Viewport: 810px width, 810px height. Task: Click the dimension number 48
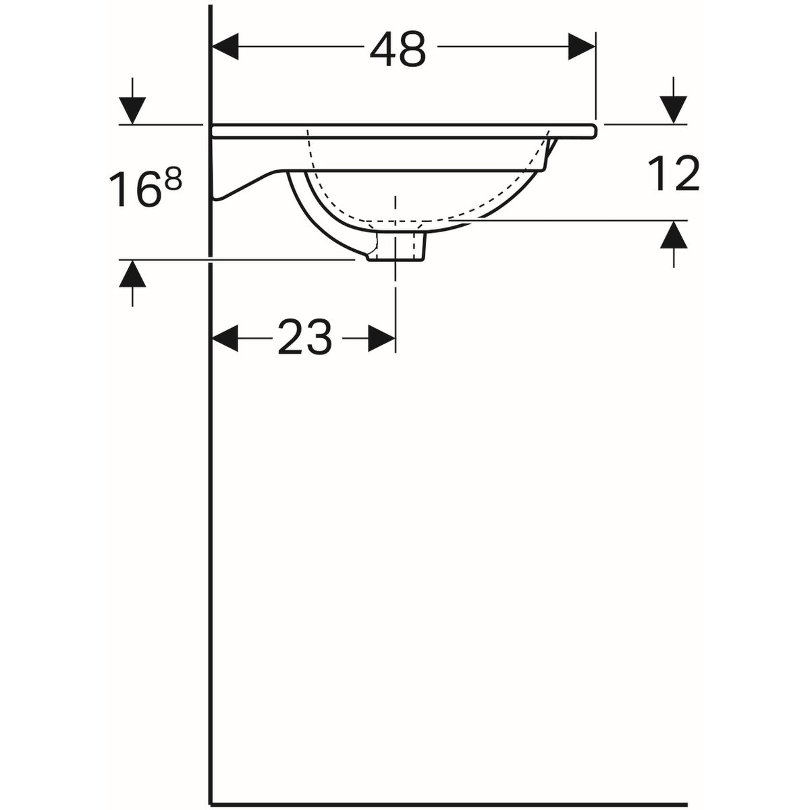pyautogui.click(x=398, y=49)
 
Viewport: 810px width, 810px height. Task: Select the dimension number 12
pyautogui.click(x=674, y=173)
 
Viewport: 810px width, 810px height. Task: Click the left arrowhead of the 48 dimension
pyautogui.click(x=225, y=47)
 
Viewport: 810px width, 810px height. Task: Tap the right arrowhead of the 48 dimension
pyautogui.click(x=582, y=47)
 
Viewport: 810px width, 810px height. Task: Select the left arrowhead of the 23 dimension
pyautogui.click(x=225, y=337)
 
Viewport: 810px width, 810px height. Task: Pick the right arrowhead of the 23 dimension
pyautogui.click(x=381, y=337)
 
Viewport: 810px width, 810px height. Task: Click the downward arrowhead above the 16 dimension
pyautogui.click(x=132, y=111)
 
